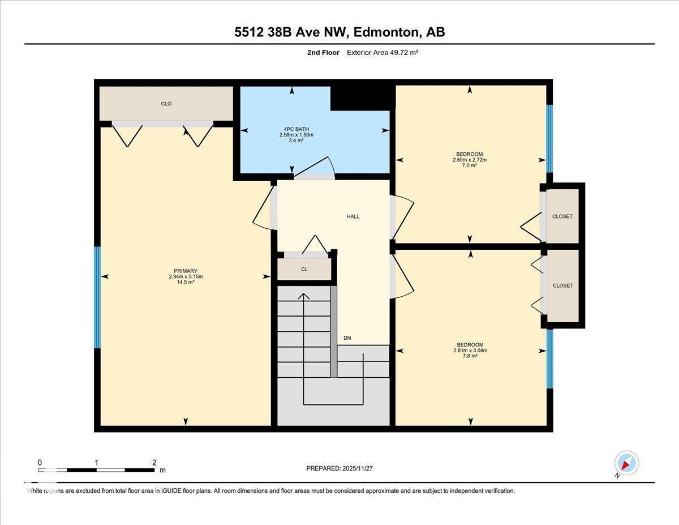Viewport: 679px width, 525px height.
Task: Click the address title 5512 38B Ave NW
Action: [x=339, y=32]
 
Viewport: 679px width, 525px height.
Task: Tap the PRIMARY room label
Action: [x=186, y=271]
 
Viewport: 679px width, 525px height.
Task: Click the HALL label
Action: [x=353, y=216]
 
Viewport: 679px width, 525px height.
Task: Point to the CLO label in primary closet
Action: [x=166, y=104]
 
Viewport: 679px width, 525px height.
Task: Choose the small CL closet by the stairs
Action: [x=304, y=269]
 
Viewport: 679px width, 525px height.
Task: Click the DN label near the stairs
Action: [x=347, y=338]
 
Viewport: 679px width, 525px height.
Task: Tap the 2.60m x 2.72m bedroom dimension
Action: [x=470, y=160]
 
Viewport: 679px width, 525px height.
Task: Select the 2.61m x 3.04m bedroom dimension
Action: [x=470, y=351]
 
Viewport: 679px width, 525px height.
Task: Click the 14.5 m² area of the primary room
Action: [x=186, y=282]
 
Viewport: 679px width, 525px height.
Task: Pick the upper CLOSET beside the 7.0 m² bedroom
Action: [x=562, y=216]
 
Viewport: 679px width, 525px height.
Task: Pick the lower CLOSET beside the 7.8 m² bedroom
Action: [x=562, y=285]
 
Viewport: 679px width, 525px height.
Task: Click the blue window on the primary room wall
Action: [x=97, y=297]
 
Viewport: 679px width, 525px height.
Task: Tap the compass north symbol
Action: [x=626, y=463]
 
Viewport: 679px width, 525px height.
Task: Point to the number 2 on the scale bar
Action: [x=154, y=462]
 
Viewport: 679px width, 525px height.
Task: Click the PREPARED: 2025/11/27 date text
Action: [x=339, y=468]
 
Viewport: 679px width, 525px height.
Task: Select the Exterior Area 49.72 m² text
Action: [x=382, y=53]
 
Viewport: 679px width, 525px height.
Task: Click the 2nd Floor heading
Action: [x=320, y=53]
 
